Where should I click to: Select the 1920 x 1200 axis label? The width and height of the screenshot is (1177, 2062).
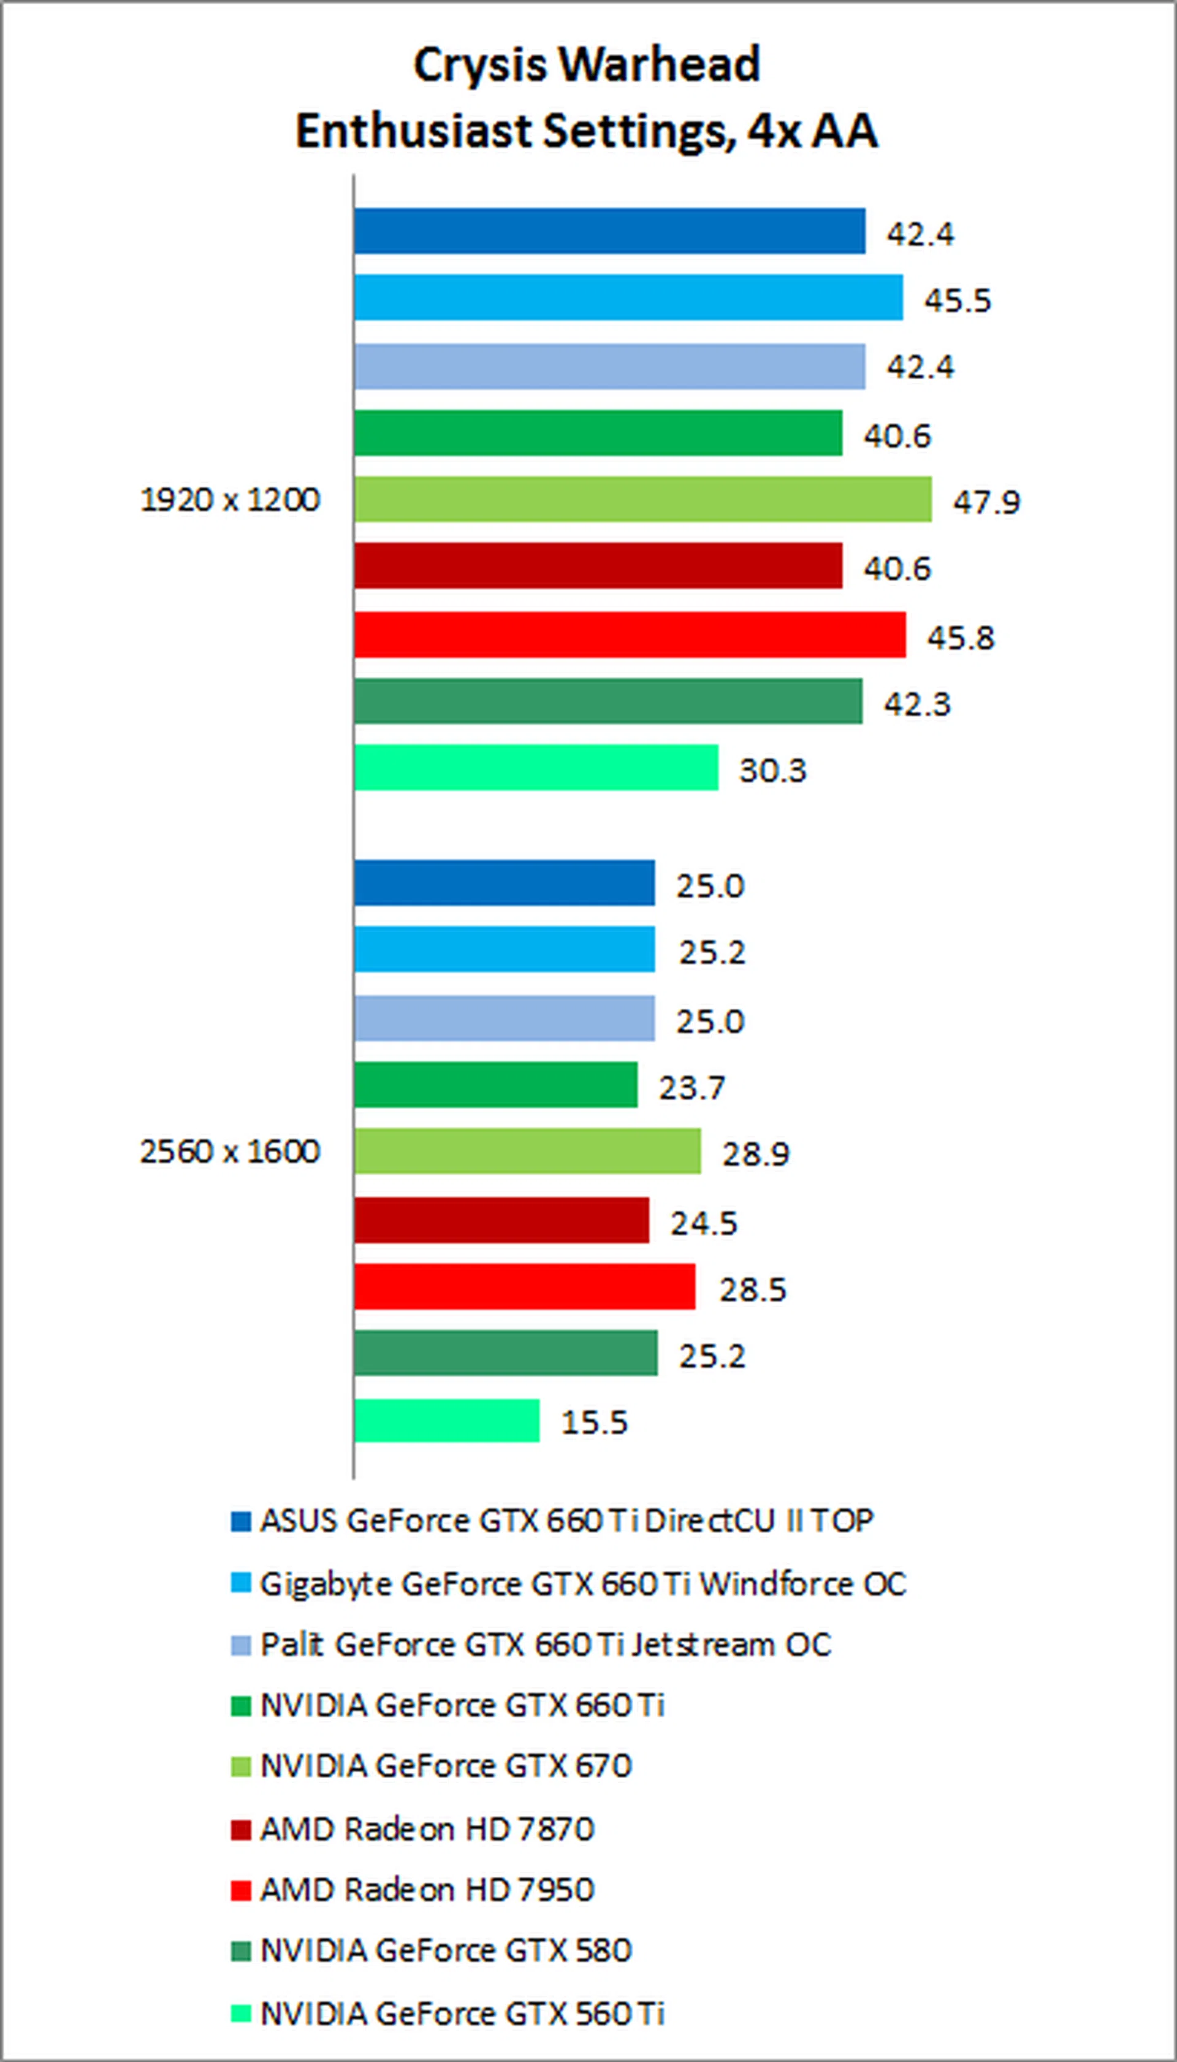[x=230, y=500]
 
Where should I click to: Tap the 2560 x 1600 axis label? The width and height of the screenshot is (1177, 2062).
[x=230, y=1151]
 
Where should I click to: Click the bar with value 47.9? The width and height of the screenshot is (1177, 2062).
[x=642, y=500]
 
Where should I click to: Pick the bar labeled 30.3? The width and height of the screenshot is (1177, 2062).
[x=536, y=768]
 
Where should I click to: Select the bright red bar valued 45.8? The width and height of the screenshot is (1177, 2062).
[x=630, y=635]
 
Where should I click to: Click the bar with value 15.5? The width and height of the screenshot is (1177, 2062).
[x=447, y=1420]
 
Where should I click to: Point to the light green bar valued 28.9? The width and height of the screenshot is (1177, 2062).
[x=527, y=1151]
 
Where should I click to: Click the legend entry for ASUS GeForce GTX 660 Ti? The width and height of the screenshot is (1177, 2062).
[x=566, y=1521]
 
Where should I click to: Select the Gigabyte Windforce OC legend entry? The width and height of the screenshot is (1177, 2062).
[x=582, y=1584]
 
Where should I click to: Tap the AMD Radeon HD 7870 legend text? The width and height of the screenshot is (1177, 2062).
[x=427, y=1829]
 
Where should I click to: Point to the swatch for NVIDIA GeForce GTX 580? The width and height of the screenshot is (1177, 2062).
[x=241, y=1951]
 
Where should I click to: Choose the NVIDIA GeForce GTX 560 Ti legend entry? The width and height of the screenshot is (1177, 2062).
[x=462, y=2013]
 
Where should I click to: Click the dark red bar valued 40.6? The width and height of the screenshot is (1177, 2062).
[x=598, y=566]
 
